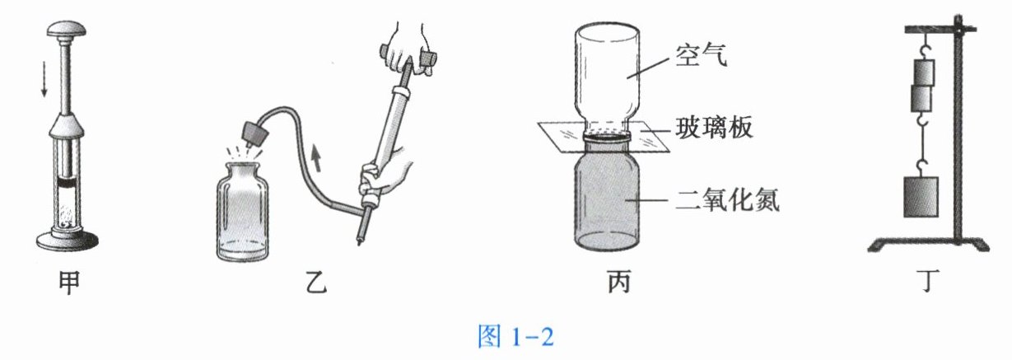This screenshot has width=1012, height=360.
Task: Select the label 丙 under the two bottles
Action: point(609,283)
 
